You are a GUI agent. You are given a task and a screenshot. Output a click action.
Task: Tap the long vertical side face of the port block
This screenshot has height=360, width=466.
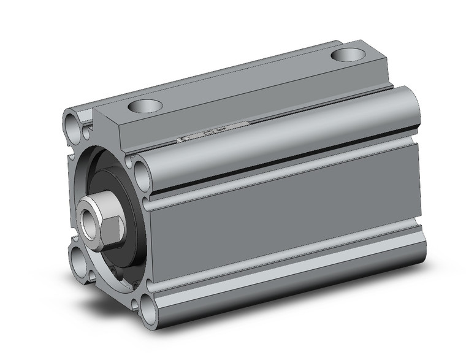(x=245, y=107)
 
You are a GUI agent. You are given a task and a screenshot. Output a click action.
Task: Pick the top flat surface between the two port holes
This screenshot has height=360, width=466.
(x=245, y=80)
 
